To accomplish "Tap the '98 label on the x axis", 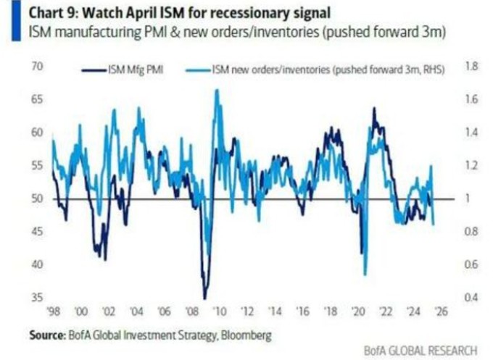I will (53, 312).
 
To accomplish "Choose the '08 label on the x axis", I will (191, 312).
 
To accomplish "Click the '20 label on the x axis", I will (357, 312).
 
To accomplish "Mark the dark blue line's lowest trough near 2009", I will (205, 298).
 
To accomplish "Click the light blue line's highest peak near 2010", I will (216, 90).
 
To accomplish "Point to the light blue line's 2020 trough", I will (365, 275).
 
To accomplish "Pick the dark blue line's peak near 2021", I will (374, 109).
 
